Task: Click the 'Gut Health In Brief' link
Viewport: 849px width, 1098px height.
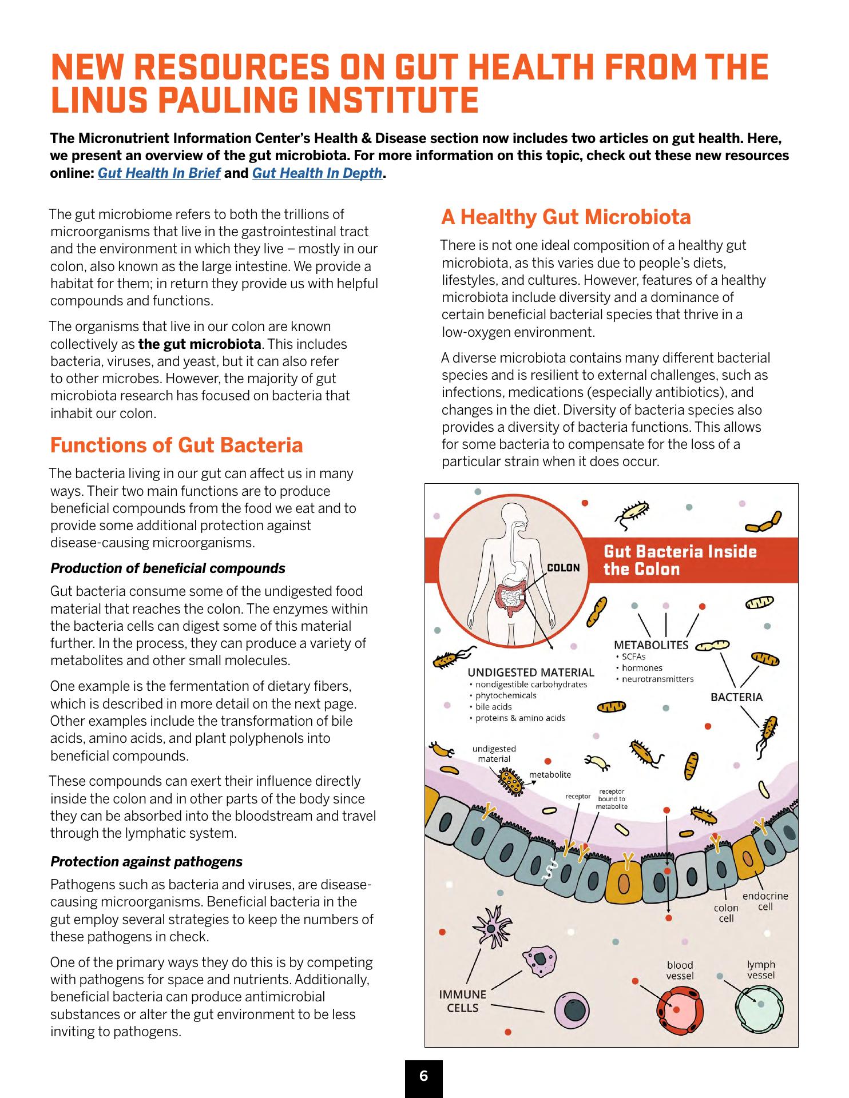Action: click(159, 173)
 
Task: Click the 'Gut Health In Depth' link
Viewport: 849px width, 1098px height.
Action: click(317, 173)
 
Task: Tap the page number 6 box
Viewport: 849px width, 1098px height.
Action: click(423, 1076)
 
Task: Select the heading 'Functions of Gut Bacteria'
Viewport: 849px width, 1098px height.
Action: click(176, 445)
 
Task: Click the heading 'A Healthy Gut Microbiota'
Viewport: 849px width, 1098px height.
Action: click(566, 217)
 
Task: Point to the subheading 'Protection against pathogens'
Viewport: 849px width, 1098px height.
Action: click(146, 861)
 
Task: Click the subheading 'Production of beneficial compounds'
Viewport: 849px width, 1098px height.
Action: click(168, 568)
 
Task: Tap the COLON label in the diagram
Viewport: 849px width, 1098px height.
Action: click(564, 568)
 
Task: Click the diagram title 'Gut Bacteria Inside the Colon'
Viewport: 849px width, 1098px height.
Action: click(680, 560)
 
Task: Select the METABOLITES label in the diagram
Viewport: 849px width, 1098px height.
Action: click(651, 645)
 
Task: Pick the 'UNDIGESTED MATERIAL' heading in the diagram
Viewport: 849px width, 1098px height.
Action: click(531, 673)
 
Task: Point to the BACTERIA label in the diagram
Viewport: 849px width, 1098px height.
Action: click(736, 697)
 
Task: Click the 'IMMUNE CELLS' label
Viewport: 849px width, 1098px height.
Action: click(462, 1001)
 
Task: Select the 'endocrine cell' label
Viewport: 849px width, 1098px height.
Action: click(765, 901)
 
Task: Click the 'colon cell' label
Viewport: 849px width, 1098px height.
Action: click(726, 913)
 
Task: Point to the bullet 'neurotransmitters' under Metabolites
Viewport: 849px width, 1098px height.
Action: click(657, 679)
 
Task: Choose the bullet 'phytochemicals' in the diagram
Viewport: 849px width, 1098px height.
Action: click(506, 695)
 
